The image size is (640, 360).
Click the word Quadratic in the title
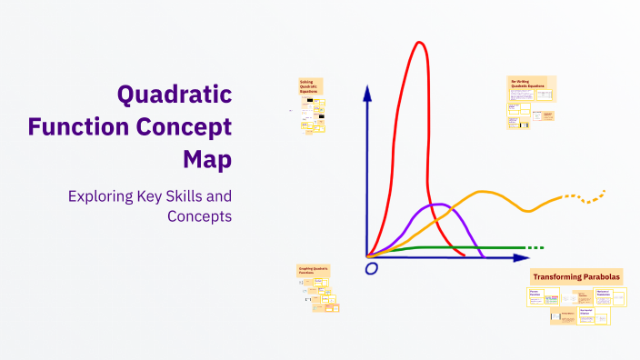click(174, 94)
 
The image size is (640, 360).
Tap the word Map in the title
click(206, 159)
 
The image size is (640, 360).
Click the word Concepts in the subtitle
click(199, 216)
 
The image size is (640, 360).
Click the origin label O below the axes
click(371, 269)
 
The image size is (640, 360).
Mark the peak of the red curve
click(419, 43)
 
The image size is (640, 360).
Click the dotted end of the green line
click(535, 247)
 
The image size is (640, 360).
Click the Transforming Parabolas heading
click(576, 276)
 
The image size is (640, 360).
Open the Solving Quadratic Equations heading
click(312, 86)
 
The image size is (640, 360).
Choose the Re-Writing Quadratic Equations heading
click(530, 84)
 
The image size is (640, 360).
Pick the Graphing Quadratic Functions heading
click(313, 270)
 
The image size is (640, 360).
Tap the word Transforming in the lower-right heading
click(556, 276)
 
